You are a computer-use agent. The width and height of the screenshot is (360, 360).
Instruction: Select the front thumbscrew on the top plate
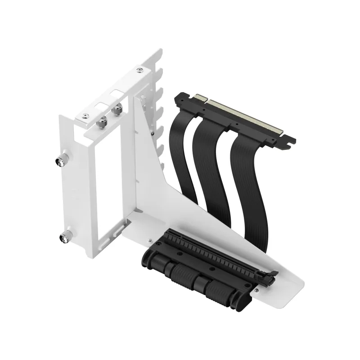pyautogui.click(x=102, y=121)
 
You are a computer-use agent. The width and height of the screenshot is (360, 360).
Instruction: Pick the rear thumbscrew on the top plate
pyautogui.click(x=119, y=108)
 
